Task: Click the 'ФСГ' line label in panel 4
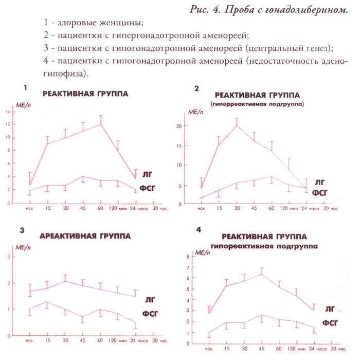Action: click(x=333, y=323)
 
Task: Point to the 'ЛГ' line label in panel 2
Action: click(x=319, y=182)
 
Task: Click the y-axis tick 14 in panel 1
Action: click(x=7, y=112)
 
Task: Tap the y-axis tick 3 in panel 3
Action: click(x=8, y=256)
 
